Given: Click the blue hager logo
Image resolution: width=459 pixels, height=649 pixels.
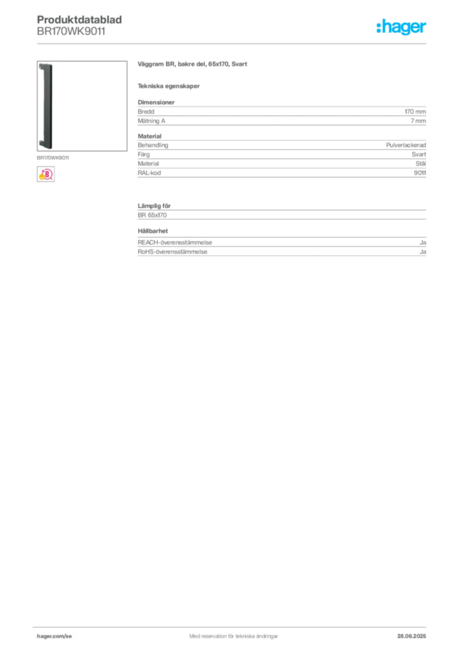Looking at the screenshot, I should click(403, 28).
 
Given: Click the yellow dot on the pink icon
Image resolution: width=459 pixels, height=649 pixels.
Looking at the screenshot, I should click(41, 177).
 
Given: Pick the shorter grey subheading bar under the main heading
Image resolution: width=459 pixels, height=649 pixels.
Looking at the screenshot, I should click(170, 86).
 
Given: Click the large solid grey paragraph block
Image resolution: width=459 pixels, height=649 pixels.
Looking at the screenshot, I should click(281, 113).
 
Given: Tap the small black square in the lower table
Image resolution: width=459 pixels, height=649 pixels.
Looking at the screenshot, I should click(154, 226).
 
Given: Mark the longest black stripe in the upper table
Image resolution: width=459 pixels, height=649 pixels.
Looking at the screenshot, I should click(280, 145).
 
